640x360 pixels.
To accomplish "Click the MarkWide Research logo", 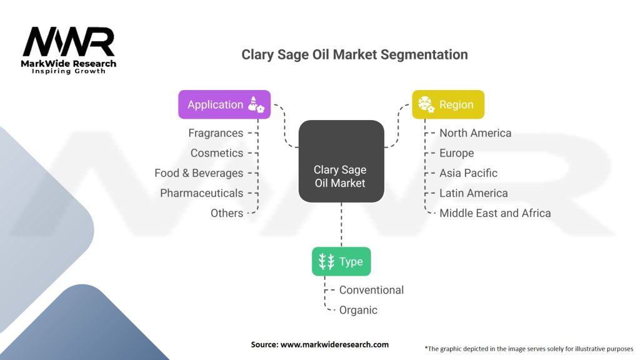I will (x=69, y=50).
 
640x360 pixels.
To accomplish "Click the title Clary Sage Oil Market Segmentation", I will (x=354, y=54).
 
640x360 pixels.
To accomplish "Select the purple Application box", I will (x=224, y=104).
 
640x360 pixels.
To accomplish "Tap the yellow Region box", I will (x=447, y=104).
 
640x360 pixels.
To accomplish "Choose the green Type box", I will (x=341, y=261).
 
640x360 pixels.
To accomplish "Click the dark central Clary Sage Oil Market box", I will (x=341, y=161).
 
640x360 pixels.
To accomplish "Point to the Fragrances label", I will (x=216, y=133).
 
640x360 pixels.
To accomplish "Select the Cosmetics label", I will (x=217, y=153).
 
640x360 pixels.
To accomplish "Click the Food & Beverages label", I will (x=199, y=173).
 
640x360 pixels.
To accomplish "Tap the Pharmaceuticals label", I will (x=201, y=193).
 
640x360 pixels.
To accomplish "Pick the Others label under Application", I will (x=227, y=213).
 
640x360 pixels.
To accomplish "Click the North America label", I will (x=475, y=133).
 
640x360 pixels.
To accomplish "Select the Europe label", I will (x=456, y=153).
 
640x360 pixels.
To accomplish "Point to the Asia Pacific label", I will (x=468, y=173).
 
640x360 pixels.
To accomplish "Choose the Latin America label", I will (x=473, y=193).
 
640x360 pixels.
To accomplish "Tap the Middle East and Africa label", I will (x=495, y=213).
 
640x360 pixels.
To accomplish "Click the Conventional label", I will (x=371, y=290).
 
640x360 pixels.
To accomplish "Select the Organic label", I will (x=358, y=310).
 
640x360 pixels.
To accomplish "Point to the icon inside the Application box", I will (x=256, y=104).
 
